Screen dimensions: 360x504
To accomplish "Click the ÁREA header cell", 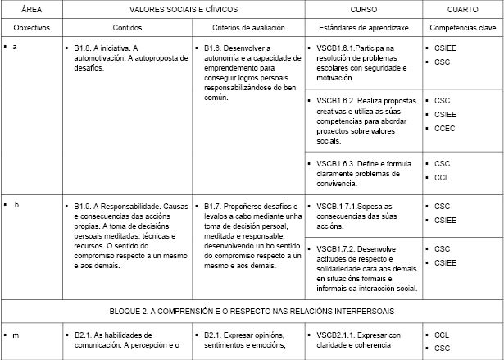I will (x=31, y=9).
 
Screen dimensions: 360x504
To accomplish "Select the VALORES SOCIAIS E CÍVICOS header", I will (x=183, y=9).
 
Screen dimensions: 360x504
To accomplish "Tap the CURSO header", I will (x=363, y=9).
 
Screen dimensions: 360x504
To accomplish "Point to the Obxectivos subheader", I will (x=31, y=27).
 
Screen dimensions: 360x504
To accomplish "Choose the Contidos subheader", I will (x=127, y=27).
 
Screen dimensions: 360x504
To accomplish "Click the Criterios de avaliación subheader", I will (x=248, y=27).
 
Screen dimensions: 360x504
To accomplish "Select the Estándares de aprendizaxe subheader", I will (x=363, y=27).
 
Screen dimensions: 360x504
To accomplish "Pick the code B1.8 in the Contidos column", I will (x=82, y=48).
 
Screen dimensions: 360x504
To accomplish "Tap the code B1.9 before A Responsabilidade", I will (x=82, y=205).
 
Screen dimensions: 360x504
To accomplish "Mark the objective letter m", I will (x=16, y=334).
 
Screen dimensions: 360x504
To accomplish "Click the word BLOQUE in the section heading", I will (x=127, y=311).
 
